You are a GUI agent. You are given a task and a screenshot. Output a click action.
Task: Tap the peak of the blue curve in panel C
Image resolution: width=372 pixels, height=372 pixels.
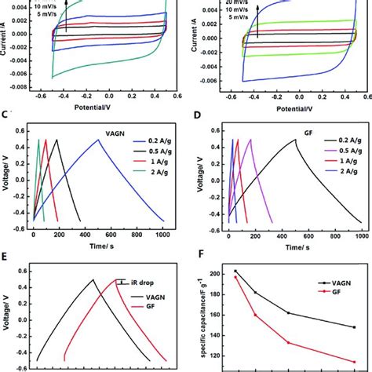[99, 140]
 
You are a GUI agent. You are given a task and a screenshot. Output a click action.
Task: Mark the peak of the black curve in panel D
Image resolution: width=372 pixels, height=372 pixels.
[296, 140]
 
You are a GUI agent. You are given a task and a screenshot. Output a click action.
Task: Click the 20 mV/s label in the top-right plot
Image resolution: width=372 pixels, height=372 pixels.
[262, 3]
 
